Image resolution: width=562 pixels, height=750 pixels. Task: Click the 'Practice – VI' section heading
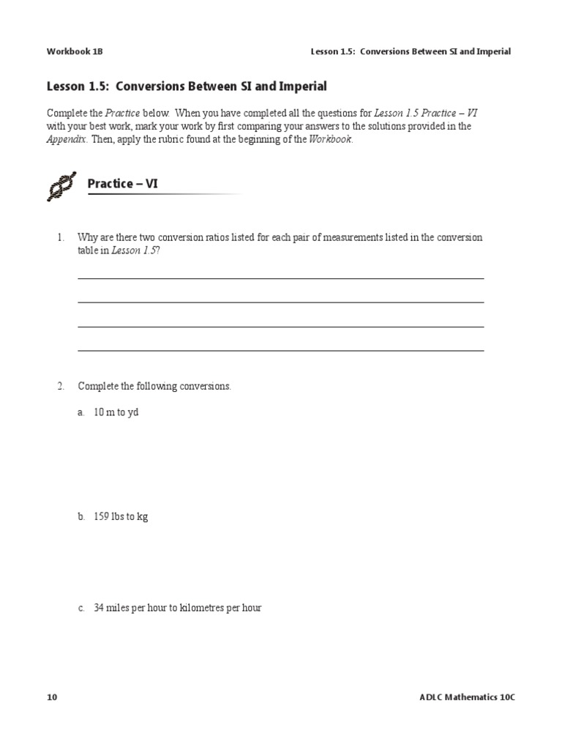pyautogui.click(x=122, y=184)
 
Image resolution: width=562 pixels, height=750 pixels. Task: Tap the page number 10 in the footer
pyautogui.click(x=52, y=697)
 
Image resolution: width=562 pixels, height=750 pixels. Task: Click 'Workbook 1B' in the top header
pyautogui.click(x=70, y=51)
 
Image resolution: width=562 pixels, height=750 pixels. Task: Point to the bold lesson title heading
pyautogui.click(x=187, y=86)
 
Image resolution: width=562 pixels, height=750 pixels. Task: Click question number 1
pyautogui.click(x=61, y=238)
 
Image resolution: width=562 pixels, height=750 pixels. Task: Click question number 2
pyautogui.click(x=61, y=386)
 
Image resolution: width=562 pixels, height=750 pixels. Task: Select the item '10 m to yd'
pyautogui.click(x=116, y=412)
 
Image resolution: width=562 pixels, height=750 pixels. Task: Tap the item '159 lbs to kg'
pyautogui.click(x=121, y=516)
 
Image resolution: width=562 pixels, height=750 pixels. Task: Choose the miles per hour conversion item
pyautogui.click(x=178, y=608)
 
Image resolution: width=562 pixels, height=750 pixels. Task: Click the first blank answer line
pyautogui.click(x=280, y=278)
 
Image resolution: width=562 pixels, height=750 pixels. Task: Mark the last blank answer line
pyautogui.click(x=280, y=351)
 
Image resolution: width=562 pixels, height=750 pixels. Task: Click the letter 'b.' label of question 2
pyautogui.click(x=81, y=516)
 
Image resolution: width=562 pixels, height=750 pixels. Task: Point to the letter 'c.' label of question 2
pyautogui.click(x=81, y=608)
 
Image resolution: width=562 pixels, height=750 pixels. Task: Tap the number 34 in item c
pyautogui.click(x=100, y=608)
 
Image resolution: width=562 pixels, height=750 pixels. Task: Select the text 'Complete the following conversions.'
pyautogui.click(x=154, y=386)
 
